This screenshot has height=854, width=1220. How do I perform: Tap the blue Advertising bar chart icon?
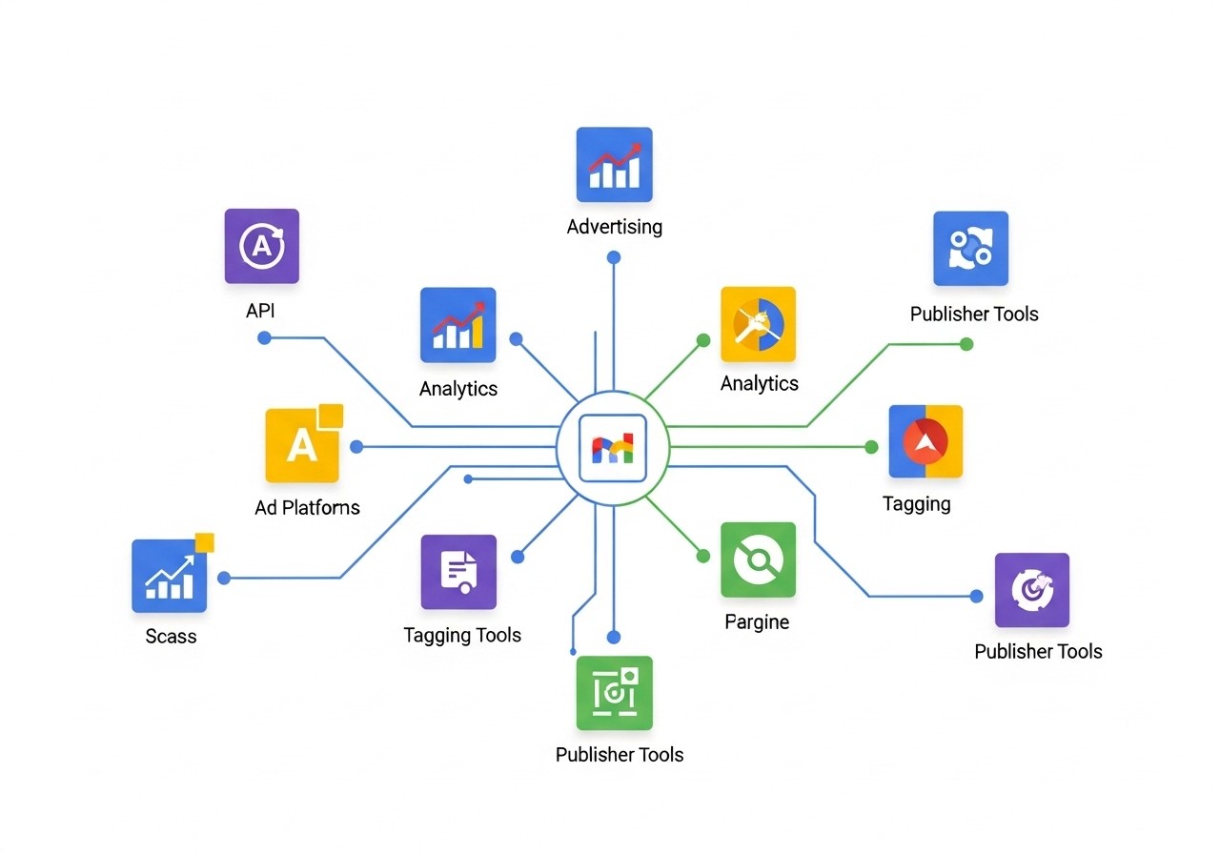[x=614, y=164]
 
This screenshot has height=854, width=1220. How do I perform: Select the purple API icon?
[x=261, y=246]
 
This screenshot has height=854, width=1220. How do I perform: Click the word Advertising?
[x=614, y=227]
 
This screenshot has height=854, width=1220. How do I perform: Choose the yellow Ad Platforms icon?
[x=302, y=445]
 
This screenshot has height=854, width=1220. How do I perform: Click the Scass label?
[x=171, y=636]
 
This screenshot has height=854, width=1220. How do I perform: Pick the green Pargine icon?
[x=758, y=559]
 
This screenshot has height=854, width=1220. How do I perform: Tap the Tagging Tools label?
[x=462, y=635]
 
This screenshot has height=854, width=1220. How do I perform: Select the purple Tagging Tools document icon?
[x=458, y=572]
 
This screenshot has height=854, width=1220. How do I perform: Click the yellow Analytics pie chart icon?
[x=758, y=324]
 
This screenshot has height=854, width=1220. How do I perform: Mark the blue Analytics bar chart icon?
[x=457, y=324]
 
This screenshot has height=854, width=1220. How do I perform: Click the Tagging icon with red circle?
[x=925, y=441]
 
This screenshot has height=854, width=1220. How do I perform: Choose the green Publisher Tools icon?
[x=614, y=693]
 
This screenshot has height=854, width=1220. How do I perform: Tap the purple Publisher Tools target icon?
[x=1031, y=590]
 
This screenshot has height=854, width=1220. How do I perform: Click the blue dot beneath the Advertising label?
[x=614, y=257]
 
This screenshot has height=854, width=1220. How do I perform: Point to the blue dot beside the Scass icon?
[x=224, y=578]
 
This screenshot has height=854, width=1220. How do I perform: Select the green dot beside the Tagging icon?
[x=871, y=447]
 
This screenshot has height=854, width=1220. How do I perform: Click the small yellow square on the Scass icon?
[x=204, y=542]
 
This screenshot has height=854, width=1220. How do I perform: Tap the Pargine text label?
[x=757, y=622]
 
